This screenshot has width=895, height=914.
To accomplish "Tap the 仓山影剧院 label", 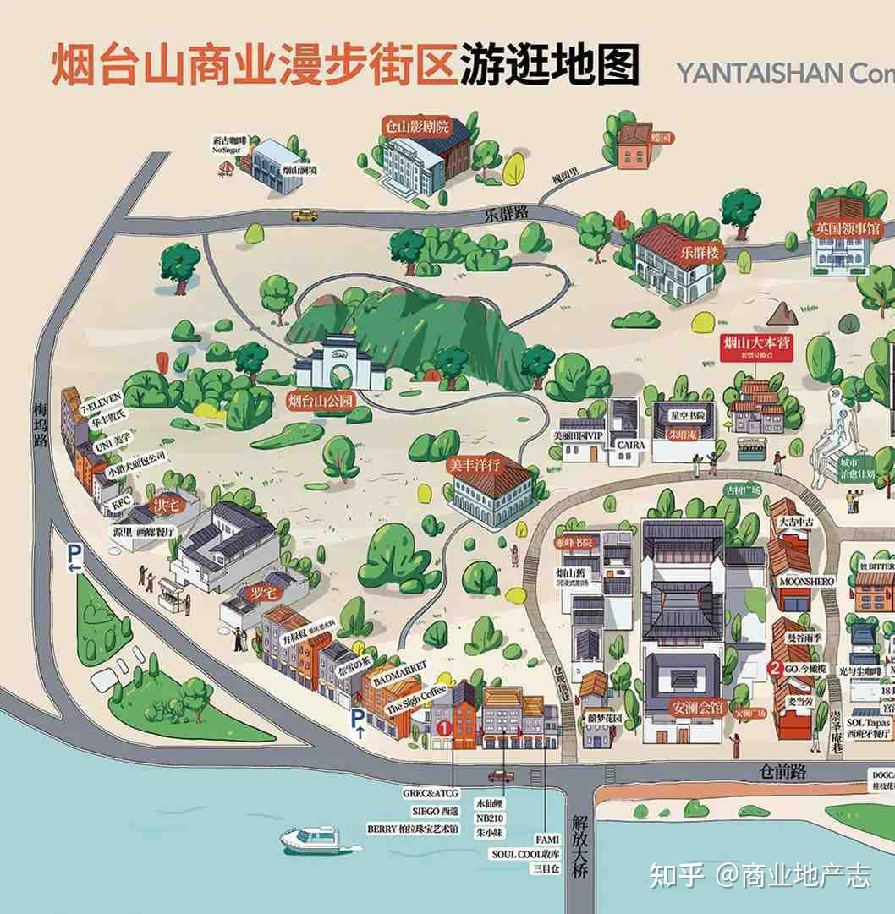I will pos(416,128).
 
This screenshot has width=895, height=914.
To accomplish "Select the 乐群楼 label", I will pos(699,252).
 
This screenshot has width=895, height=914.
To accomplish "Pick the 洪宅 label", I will pos(166,506).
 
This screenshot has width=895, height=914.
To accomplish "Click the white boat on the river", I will pos(309,838).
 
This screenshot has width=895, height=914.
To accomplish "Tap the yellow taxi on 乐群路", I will pos(305,216).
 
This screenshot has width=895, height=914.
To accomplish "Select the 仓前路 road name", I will pos(782,771).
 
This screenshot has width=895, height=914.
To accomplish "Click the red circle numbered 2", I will pos(774,668).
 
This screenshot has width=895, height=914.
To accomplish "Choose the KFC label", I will pos(122,503).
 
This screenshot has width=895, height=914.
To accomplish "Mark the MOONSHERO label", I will pos(804,582).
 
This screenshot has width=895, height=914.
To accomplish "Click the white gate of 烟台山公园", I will pos(338,364).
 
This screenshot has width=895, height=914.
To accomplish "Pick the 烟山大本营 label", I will pos(756,343).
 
